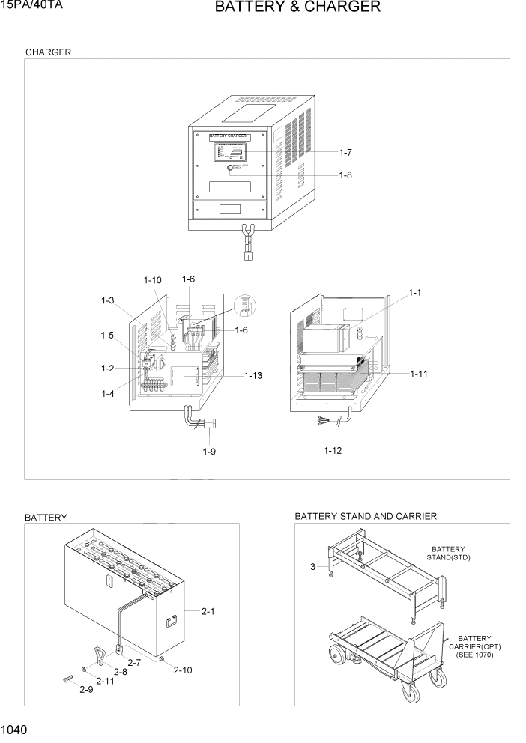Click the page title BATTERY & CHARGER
pos(297,7)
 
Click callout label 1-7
pos(345,152)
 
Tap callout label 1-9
pos(209,452)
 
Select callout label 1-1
pos(415,292)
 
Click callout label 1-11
pos(420,373)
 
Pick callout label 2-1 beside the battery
pos(208,611)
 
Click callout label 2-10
pos(182,670)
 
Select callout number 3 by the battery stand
pos(312,567)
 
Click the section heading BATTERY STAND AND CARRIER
pos(366,517)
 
